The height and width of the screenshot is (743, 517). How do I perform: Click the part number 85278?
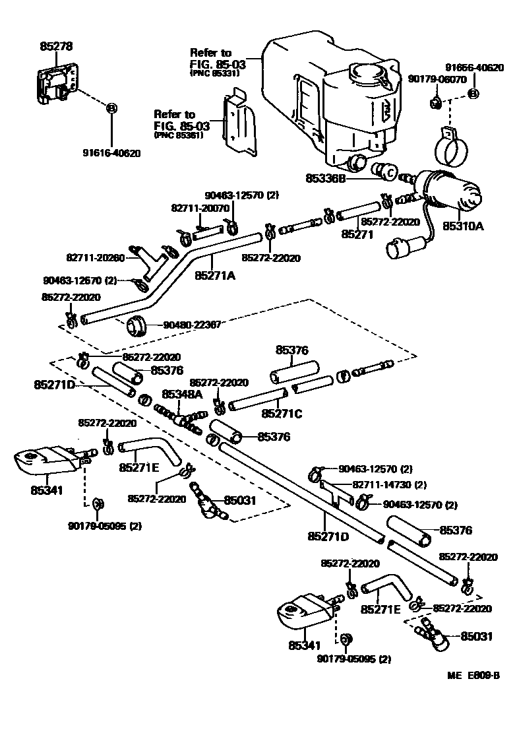point(56,46)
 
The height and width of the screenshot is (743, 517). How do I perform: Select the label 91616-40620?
point(111,153)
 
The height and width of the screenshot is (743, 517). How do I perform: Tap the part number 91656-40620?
point(474,67)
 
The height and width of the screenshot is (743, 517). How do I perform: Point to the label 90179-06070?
point(437,79)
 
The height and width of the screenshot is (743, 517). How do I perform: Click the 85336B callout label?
point(326,178)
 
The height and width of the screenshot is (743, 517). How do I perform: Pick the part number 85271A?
point(215,276)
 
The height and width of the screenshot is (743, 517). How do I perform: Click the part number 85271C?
point(282,414)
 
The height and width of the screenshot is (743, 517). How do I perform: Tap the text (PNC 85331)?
point(215,73)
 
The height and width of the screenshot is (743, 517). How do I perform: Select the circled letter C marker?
point(388,174)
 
